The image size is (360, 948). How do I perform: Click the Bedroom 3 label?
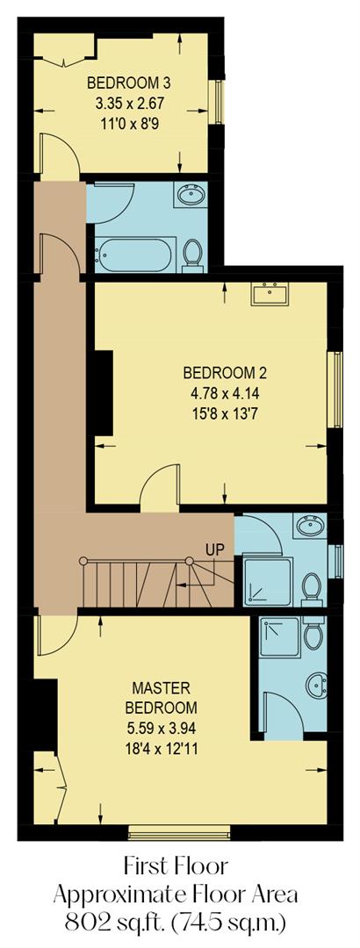pyautogui.click(x=127, y=83)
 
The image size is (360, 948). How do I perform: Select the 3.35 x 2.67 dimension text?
pyautogui.click(x=129, y=102)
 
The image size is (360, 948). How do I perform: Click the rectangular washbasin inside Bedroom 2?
pyautogui.click(x=270, y=293)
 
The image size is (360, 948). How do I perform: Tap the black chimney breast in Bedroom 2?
pyautogui.click(x=103, y=392)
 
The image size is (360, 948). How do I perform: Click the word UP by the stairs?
pyautogui.click(x=215, y=549)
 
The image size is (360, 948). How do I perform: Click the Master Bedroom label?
pyautogui.click(x=164, y=697)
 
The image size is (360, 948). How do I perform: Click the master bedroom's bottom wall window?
pyautogui.click(x=179, y=831)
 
